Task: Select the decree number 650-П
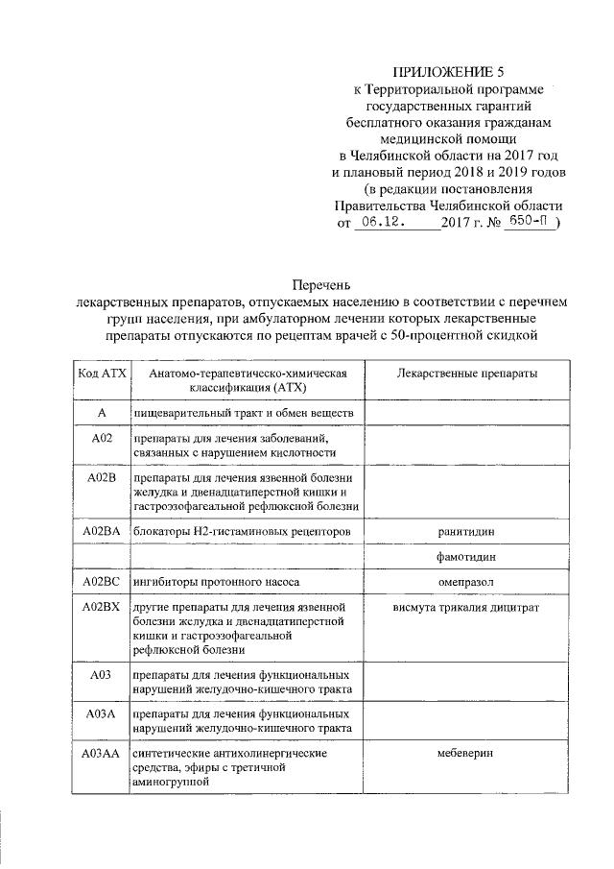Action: (x=527, y=222)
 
